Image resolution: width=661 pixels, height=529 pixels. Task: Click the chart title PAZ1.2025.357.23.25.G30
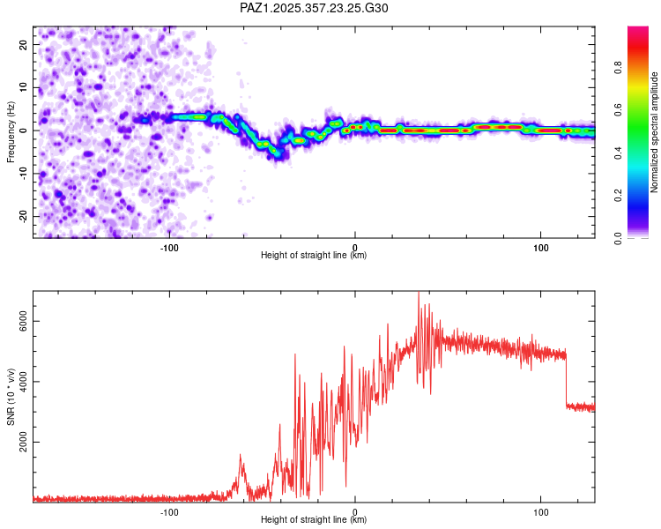315,8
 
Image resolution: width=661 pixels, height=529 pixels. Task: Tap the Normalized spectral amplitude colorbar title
654,132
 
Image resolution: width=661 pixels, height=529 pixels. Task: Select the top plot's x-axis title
314,255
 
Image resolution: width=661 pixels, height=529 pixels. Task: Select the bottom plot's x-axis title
314,519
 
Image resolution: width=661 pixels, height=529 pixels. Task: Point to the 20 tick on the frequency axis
24,44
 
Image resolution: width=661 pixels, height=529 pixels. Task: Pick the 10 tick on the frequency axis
24,87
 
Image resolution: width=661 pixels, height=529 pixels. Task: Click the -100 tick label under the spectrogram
170,246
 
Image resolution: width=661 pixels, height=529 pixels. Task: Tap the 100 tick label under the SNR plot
540,510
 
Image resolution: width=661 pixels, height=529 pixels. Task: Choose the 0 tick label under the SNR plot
355,510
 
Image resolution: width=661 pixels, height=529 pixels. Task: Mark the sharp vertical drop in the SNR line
566,379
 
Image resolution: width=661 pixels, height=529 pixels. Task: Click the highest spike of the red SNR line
419,294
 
